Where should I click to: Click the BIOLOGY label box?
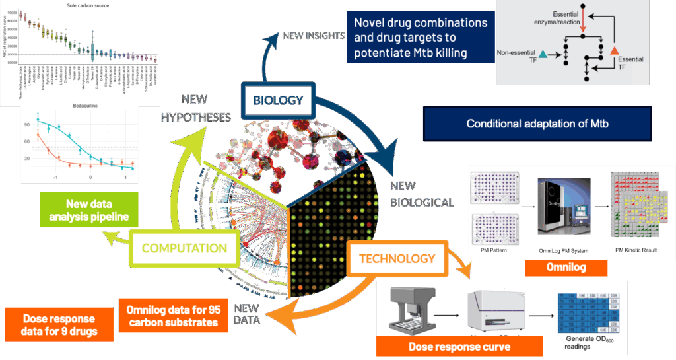[x=278, y=100]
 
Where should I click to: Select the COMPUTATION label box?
[x=184, y=248]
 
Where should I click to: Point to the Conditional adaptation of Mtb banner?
[x=537, y=124]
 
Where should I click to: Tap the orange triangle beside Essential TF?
[x=614, y=51]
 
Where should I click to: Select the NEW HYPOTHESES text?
[x=197, y=109]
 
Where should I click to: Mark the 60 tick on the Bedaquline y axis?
[x=27, y=141]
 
